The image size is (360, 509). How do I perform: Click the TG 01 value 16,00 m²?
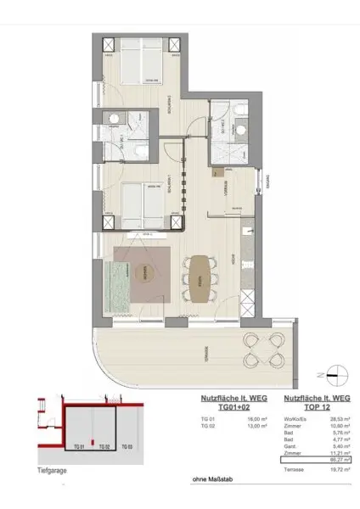[x=230, y=418]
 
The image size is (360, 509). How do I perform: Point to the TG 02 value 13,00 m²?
[x=230, y=426]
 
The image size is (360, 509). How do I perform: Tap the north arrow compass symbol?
[x=330, y=374]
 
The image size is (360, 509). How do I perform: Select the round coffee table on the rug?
[x=145, y=272]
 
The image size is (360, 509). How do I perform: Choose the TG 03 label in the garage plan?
[x=127, y=446]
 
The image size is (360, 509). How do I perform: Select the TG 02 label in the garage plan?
[x=102, y=446]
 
